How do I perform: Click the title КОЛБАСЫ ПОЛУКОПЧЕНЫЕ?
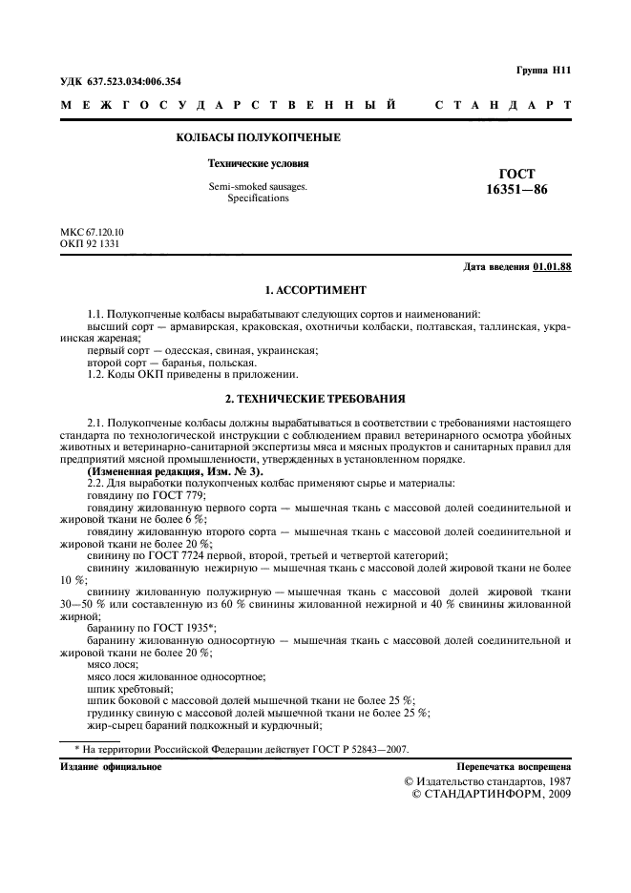[259, 138]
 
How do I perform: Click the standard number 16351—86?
[516, 189]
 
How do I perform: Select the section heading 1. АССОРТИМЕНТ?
[315, 289]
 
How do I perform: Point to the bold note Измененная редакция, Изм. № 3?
[175, 472]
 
